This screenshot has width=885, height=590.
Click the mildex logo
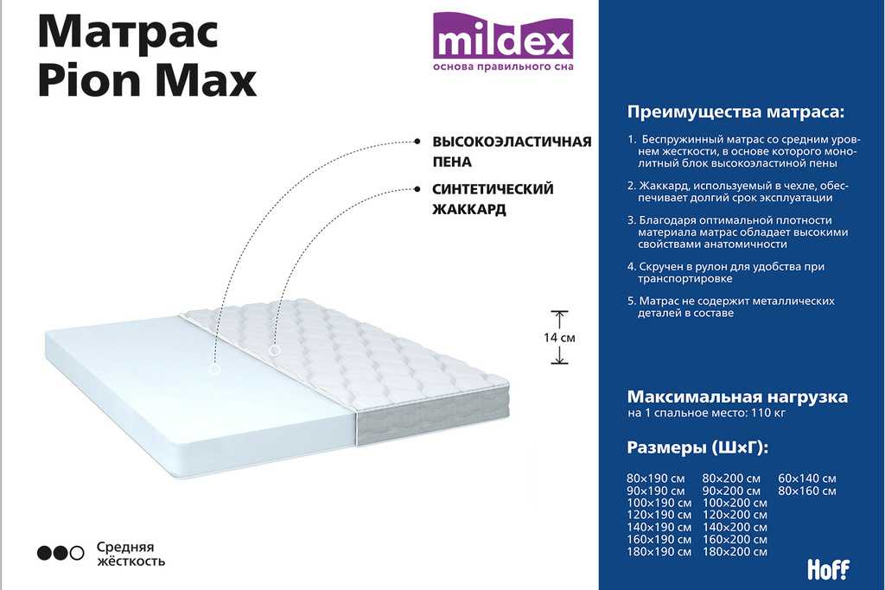click(503, 41)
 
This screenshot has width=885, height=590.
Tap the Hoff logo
click(828, 569)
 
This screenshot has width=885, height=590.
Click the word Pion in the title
click(88, 80)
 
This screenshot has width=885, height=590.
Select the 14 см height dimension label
click(559, 337)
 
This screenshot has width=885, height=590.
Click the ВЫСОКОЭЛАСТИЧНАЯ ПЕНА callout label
click(512, 151)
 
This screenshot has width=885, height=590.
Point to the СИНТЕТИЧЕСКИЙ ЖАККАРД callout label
click(493, 199)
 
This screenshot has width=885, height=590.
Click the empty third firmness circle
click(77, 553)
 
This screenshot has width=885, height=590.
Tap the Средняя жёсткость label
click(131, 554)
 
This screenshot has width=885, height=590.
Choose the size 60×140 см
click(807, 479)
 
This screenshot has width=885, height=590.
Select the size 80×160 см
click(807, 491)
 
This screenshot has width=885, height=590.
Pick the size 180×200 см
click(735, 552)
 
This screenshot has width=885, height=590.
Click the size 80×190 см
click(655, 479)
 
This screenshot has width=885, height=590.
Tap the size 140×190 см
click(659, 528)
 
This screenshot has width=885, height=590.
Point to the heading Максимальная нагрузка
click(737, 397)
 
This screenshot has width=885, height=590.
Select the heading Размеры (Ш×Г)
click(697, 447)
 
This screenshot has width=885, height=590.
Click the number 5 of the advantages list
click(632, 301)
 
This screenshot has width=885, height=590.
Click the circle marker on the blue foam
click(214, 369)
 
